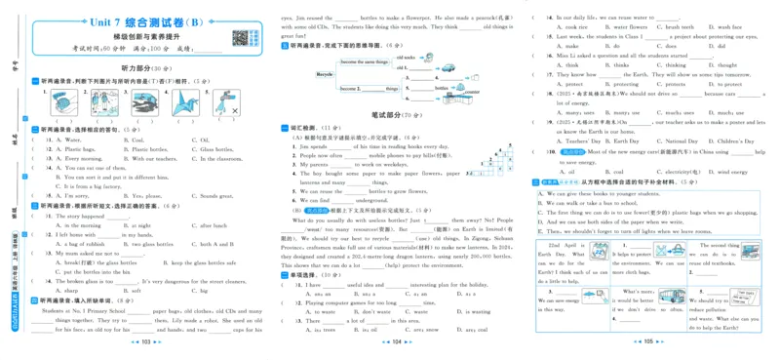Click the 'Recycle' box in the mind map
(x=324, y=74)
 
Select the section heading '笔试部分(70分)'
(x=397, y=114)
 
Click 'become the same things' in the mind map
(x=362, y=60)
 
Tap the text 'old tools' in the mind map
(x=407, y=59)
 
